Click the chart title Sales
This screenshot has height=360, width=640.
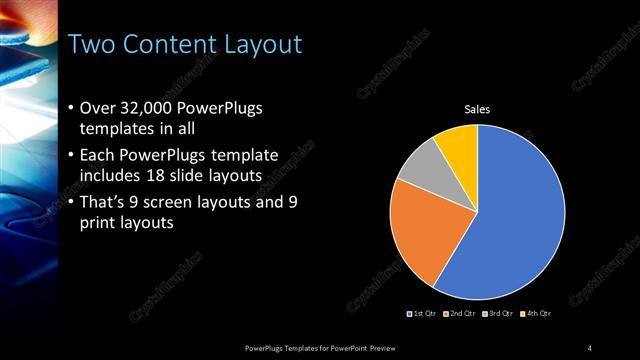tap(479, 110)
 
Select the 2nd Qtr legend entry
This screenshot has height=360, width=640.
tap(459, 314)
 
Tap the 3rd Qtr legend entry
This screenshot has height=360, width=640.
tap(498, 314)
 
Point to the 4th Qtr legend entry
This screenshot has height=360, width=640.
tap(537, 314)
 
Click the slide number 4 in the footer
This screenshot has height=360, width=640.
tap(590, 347)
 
